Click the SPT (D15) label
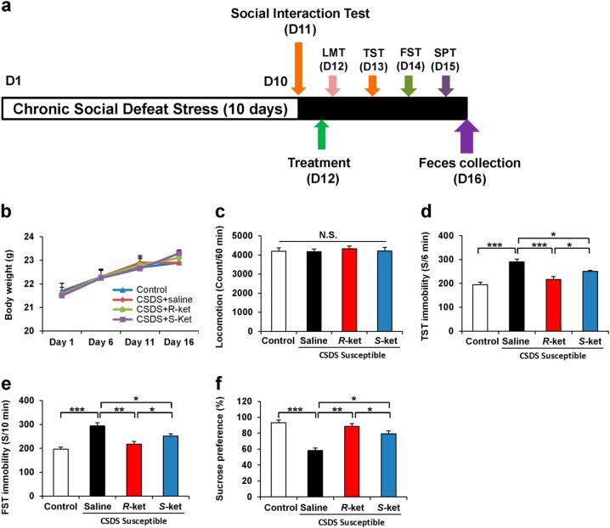tap(446, 59)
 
